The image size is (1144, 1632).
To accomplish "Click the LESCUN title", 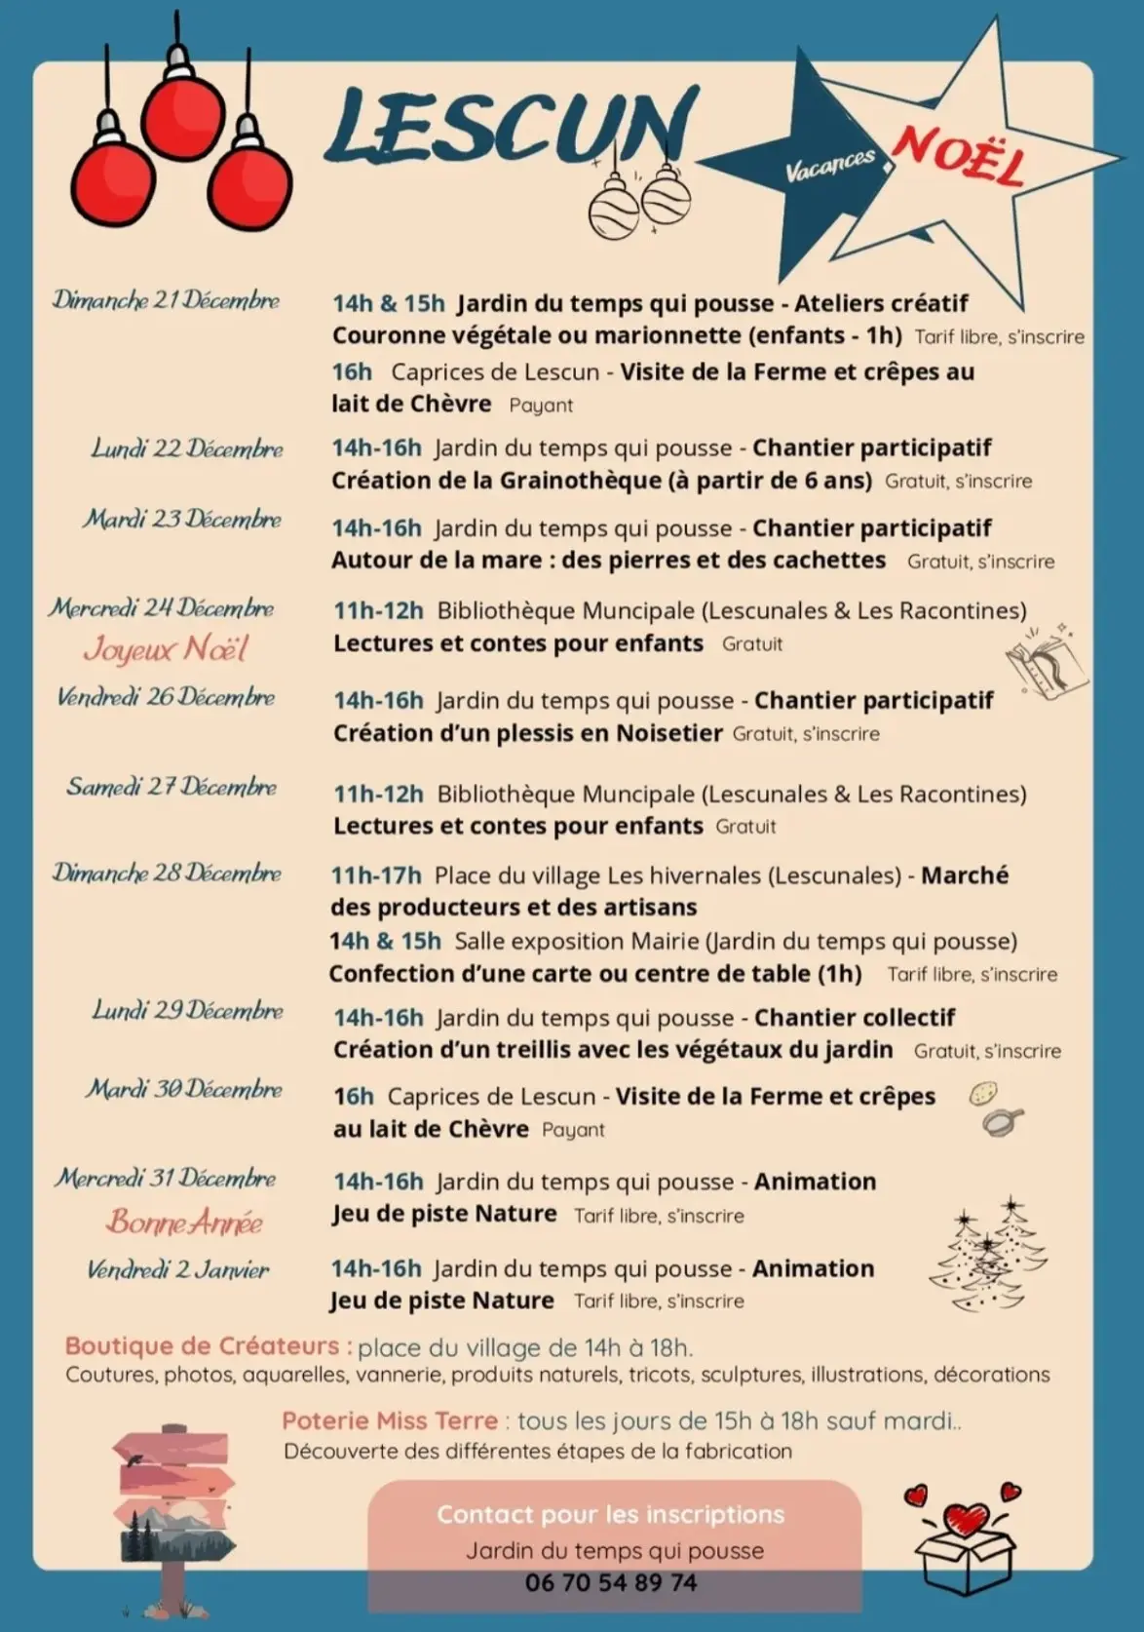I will pyautogui.click(x=511, y=127).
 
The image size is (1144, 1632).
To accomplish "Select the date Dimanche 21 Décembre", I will pyautogui.click(x=166, y=300).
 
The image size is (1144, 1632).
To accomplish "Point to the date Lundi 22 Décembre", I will pyautogui.click(x=187, y=448).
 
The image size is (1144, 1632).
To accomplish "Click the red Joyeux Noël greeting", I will pyautogui.click(x=166, y=649).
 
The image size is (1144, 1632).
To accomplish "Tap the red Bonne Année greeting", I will pyautogui.click(x=184, y=1222).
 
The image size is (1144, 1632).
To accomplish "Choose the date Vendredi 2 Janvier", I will pyautogui.click(x=178, y=1269).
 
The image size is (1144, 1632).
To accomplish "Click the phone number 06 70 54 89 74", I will pyautogui.click(x=611, y=1582).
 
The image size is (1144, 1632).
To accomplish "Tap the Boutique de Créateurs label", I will pyautogui.click(x=202, y=1346).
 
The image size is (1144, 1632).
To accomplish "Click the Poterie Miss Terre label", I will pyautogui.click(x=390, y=1420).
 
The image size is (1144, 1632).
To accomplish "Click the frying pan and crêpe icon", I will pyautogui.click(x=997, y=1109).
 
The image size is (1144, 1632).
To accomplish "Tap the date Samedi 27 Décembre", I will pyautogui.click(x=172, y=787).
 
